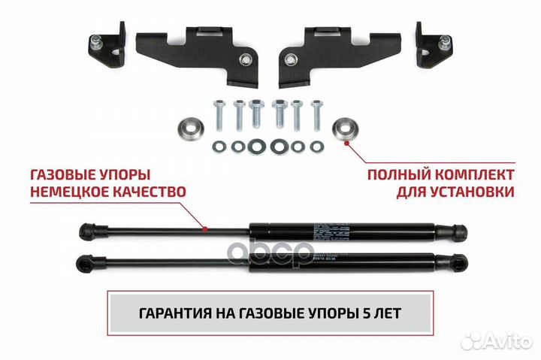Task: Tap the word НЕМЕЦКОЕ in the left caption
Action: pyautogui.click(x=70, y=192)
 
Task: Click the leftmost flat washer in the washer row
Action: pyautogui.click(x=219, y=144)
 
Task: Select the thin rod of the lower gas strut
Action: pyautogui.click(x=173, y=263)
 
